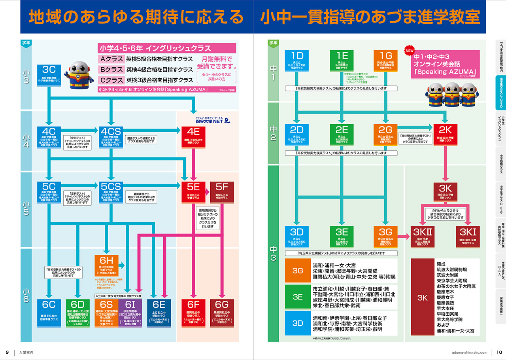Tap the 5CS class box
click(110, 192)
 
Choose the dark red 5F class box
click(222, 192)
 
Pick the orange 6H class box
click(106, 265)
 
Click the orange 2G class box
click(385, 135)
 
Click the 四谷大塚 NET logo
click(213, 120)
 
